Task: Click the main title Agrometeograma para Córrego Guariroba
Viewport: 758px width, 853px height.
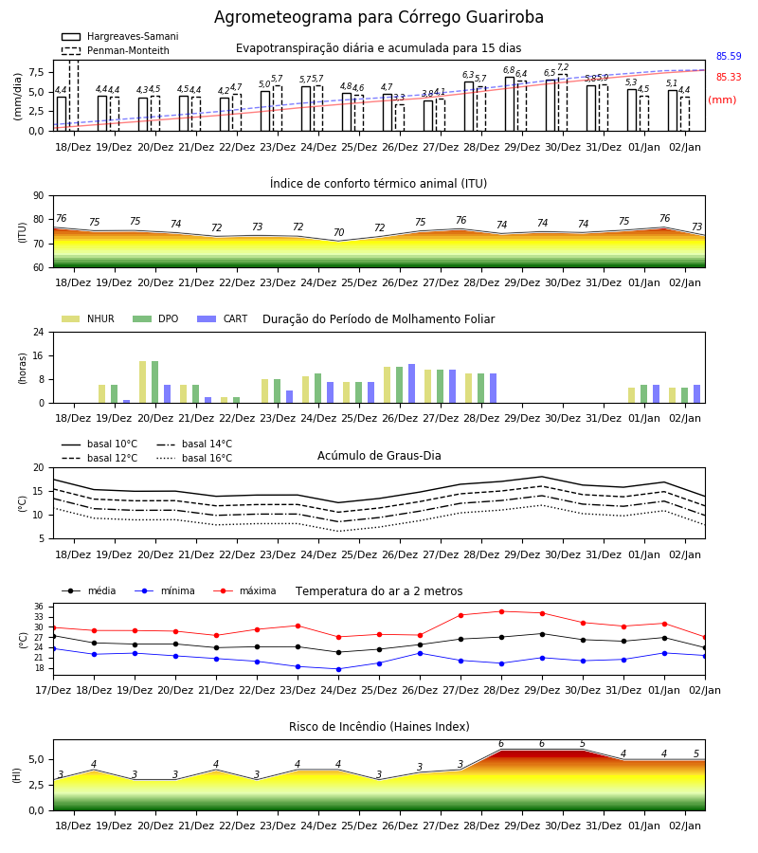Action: point(378,17)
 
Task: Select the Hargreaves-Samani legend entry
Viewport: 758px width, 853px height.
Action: point(120,36)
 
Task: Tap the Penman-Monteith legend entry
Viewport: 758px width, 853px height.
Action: point(116,50)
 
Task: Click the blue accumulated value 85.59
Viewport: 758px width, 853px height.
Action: point(729,56)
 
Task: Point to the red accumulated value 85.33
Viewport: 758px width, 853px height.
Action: point(729,78)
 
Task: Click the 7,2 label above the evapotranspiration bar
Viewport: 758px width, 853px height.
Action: point(563,67)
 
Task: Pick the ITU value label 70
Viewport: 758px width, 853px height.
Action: point(339,232)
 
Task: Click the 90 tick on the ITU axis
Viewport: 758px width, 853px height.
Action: point(39,196)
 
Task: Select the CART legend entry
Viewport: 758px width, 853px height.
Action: point(223,318)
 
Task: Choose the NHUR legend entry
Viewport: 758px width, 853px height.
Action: point(88,318)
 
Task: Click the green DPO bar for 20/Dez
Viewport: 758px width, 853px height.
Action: point(155,382)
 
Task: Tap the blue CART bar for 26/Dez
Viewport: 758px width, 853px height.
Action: point(411,384)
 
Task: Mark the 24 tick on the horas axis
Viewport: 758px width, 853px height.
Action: point(39,332)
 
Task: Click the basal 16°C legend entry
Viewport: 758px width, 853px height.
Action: point(194,458)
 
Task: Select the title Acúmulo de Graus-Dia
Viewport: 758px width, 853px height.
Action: point(379,455)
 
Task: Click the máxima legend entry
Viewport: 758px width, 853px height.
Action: point(244,590)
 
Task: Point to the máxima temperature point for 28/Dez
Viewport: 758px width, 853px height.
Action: point(501,611)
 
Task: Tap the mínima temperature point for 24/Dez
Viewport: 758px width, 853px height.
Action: point(339,669)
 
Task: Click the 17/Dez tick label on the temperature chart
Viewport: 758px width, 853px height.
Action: point(53,690)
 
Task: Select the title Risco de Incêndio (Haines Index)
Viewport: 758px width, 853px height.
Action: point(379,727)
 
